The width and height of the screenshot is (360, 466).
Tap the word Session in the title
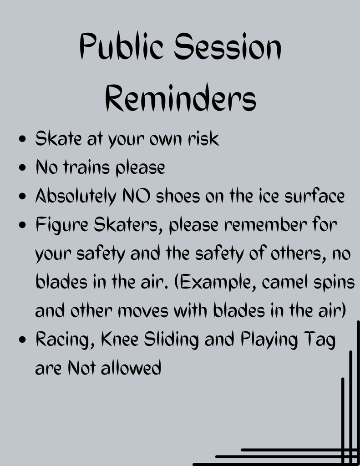pyautogui.click(x=228, y=46)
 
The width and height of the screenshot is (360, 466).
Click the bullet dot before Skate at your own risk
pyautogui.click(x=22, y=139)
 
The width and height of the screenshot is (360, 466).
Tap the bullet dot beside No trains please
pyautogui.click(x=22, y=167)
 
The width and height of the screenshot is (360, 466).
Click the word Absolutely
pyautogui.click(x=76, y=197)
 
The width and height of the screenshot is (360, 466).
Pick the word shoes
pyautogui.click(x=178, y=196)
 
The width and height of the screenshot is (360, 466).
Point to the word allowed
pyautogui.click(x=131, y=368)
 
